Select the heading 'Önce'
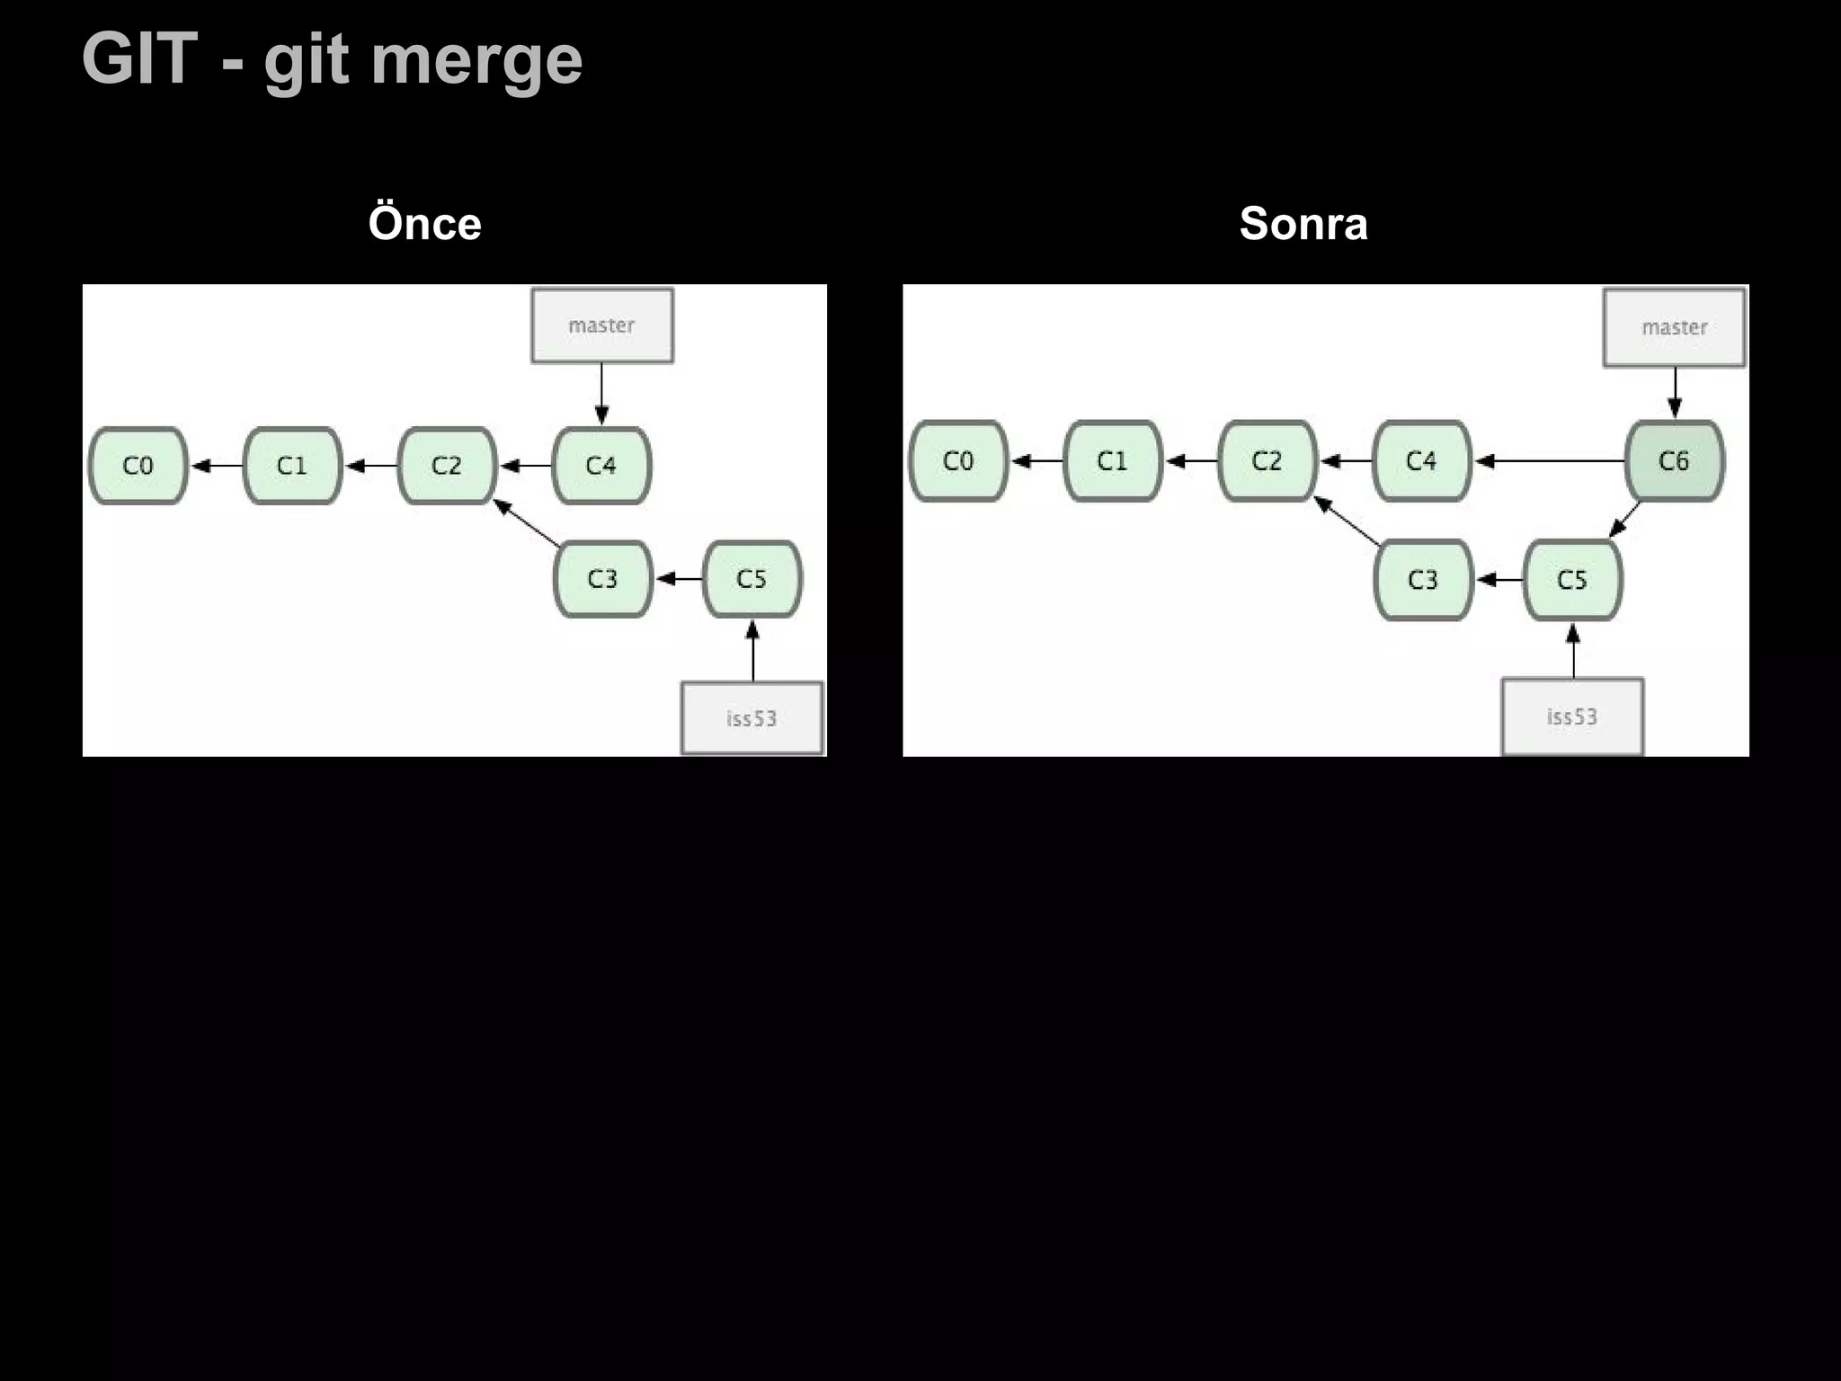point(424,224)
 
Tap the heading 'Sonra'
point(1303,224)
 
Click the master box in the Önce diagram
point(601,325)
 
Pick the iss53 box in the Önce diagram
point(752,717)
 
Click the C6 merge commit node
point(1674,461)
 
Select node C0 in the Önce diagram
point(138,466)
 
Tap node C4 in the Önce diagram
point(600,466)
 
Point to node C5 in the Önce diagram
point(752,579)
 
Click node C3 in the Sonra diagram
point(1422,580)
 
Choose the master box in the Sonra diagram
point(1674,327)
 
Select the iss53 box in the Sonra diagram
point(1571,717)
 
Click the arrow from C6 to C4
point(1550,461)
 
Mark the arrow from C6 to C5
point(1625,520)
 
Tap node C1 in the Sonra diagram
point(1112,461)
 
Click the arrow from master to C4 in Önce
point(601,394)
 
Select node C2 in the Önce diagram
point(446,466)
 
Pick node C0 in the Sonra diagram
point(957,461)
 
